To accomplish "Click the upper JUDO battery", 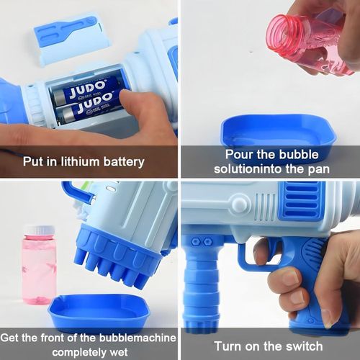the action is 84,91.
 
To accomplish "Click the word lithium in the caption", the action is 81,161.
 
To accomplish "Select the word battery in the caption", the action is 124,162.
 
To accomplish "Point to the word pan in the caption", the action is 319,169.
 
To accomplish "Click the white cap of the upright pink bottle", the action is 40,230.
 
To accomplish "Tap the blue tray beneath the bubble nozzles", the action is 99,312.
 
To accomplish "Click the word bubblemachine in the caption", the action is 138,338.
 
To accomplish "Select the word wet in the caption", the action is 119,353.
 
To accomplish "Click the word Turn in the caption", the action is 227,346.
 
